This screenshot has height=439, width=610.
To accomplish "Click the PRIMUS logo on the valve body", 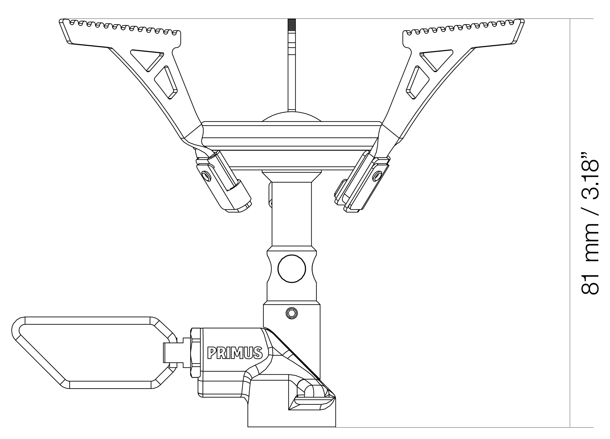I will [235, 353].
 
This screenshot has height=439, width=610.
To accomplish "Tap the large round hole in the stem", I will [292, 268].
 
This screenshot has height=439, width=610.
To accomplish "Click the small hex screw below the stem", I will [292, 313].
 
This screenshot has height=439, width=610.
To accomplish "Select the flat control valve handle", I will [89, 353].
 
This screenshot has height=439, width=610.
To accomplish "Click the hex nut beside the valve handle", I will [195, 352].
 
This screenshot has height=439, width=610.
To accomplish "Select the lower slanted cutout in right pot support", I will [417, 82].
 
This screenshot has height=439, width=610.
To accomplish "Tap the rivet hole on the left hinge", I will [206, 177].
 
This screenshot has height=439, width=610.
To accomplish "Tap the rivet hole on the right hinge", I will [377, 176].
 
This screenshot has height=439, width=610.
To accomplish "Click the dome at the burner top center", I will [292, 117].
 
